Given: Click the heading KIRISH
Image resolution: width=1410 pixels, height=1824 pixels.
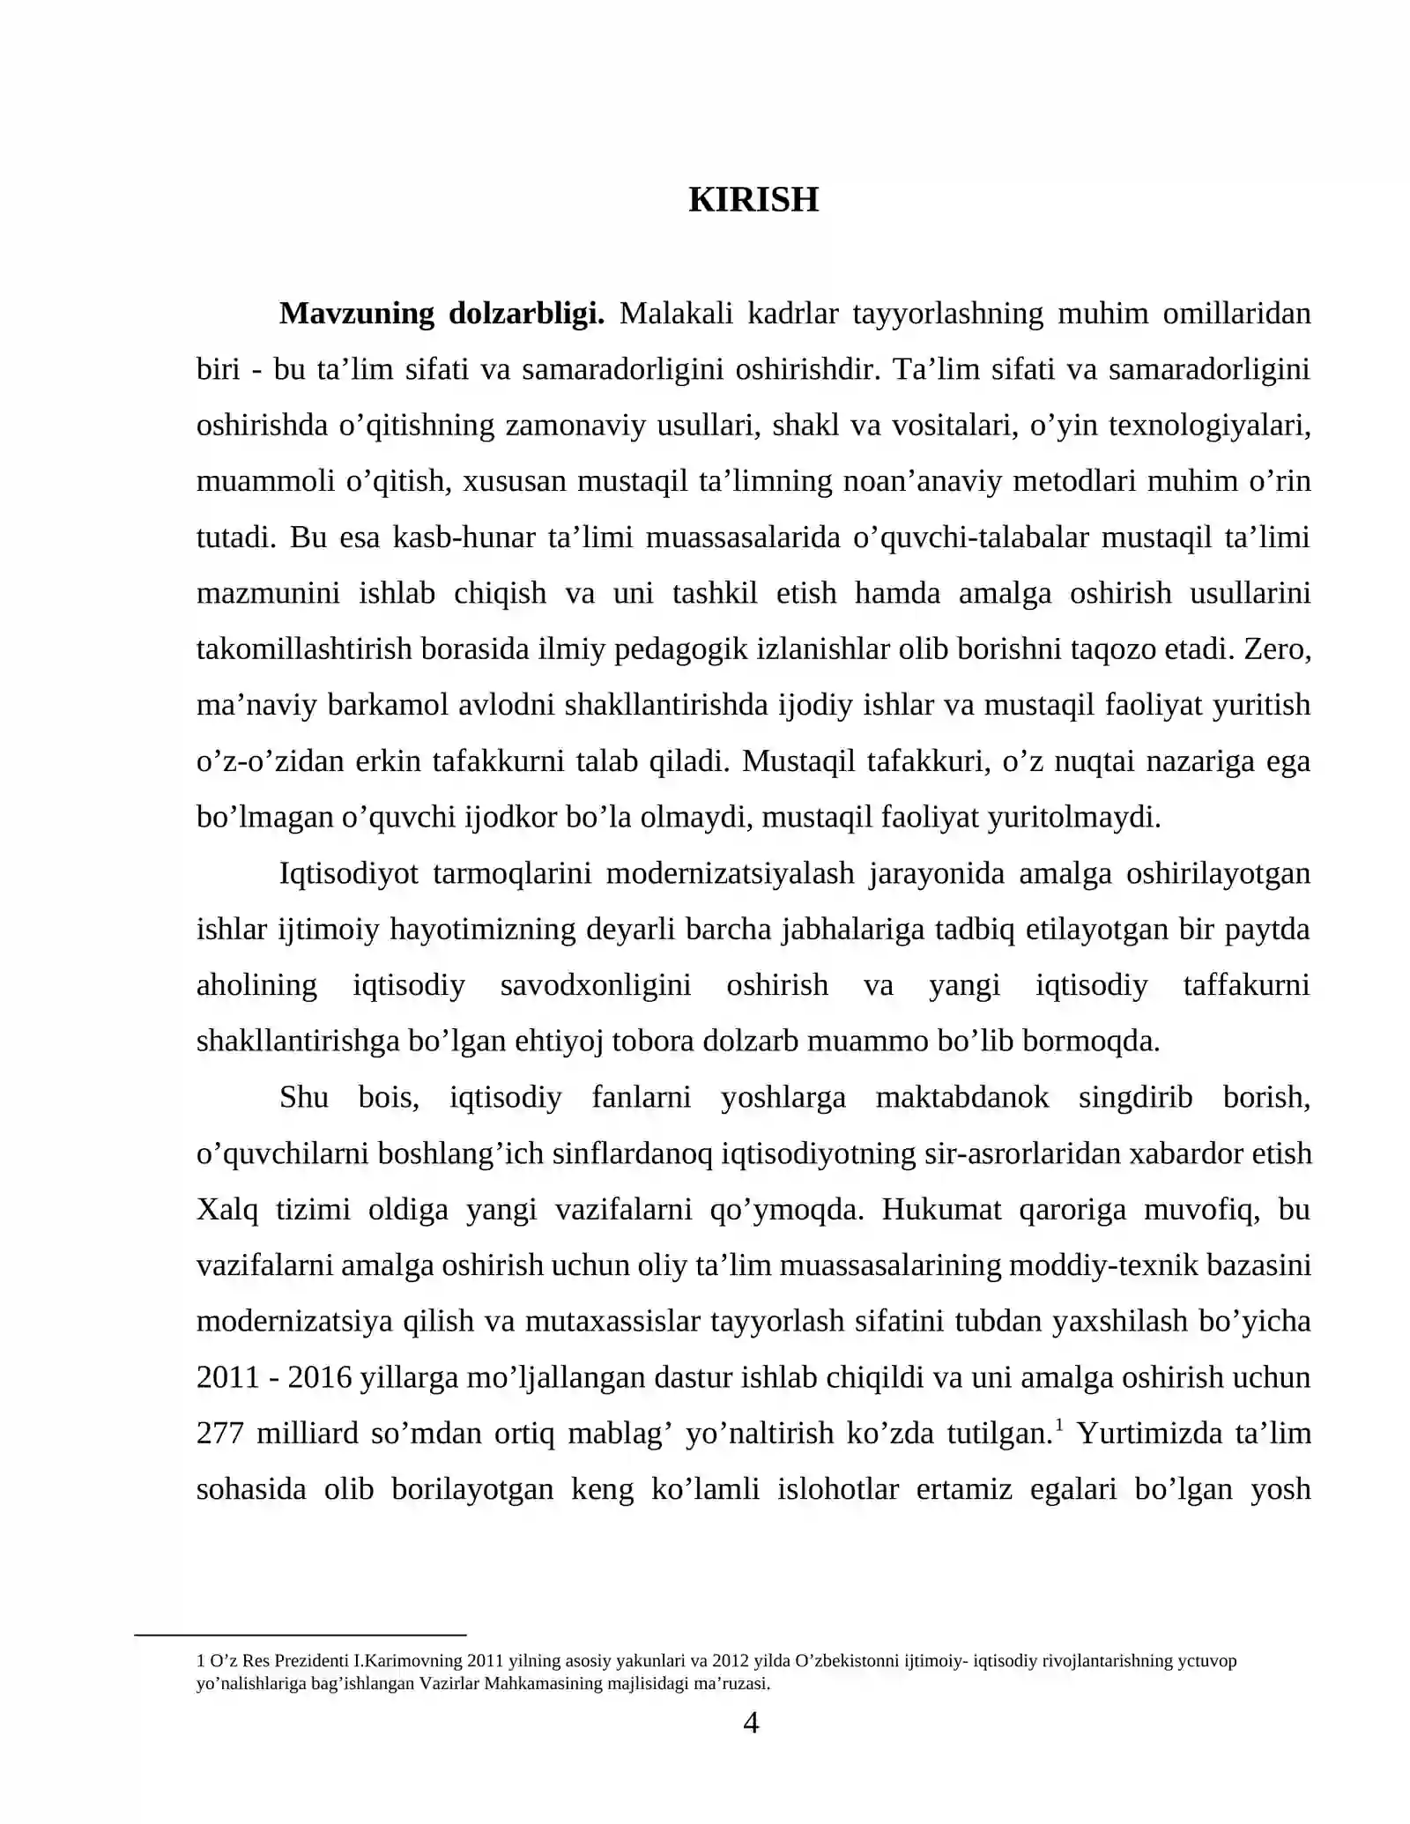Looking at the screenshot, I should click(753, 200).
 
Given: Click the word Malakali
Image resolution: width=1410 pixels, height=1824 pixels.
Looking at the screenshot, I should click(676, 314).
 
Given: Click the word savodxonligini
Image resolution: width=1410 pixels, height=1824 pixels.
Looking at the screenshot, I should click(596, 985).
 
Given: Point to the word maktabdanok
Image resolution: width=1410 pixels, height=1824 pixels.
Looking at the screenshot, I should click(962, 1097).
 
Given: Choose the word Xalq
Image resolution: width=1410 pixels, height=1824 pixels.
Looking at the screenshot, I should click(227, 1210).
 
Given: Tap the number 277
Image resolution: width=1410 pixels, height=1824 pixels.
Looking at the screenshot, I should click(219, 1434).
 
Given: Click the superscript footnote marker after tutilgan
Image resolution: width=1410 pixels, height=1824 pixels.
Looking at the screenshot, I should click(1058, 1425).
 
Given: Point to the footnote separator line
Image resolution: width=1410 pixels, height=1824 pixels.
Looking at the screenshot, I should click(300, 1635).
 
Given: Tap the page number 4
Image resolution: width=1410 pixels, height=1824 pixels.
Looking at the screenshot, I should click(751, 1723).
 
